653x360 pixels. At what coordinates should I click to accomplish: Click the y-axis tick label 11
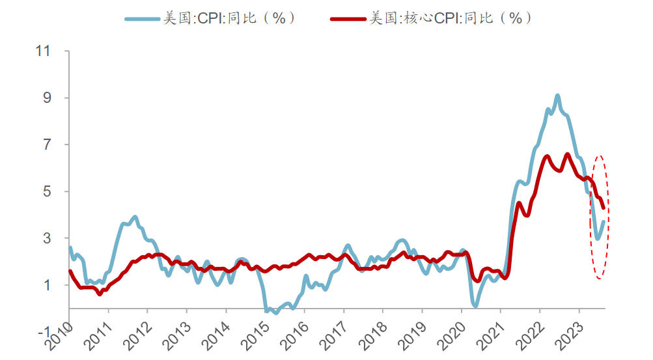click(44, 51)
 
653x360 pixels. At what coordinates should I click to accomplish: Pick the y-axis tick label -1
click(44, 332)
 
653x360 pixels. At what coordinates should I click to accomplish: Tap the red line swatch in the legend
click(348, 19)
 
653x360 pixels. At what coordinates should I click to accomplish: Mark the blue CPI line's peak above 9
click(557, 96)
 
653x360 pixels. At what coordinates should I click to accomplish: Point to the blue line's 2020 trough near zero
click(475, 305)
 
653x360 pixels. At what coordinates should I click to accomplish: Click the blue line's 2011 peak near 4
click(135, 217)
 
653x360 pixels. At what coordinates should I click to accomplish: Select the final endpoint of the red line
click(604, 208)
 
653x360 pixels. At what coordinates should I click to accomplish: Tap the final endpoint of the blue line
click(604, 221)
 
